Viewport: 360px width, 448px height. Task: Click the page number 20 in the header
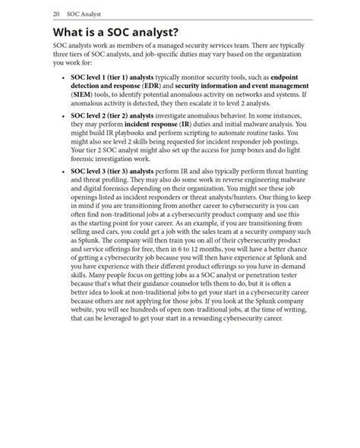pyautogui.click(x=57, y=14)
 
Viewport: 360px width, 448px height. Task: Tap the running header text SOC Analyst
pyautogui.click(x=85, y=14)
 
